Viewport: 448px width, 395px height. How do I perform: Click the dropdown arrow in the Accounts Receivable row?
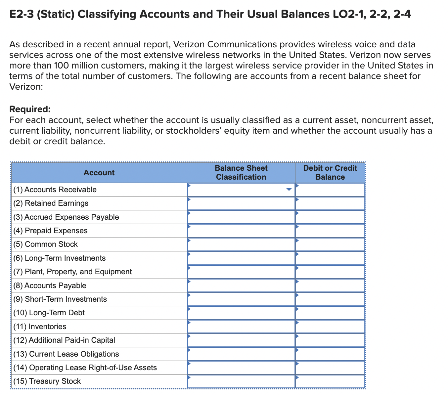289,190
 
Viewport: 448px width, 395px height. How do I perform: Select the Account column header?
99,173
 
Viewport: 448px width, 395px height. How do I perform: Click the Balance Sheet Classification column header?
241,173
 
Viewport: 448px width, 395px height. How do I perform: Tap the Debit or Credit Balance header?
330,173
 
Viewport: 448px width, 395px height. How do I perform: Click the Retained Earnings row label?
57,203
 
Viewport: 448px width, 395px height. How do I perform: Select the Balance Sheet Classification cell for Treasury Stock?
241,381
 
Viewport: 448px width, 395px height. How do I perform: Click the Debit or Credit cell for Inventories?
330,327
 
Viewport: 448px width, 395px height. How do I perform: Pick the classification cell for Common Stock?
241,244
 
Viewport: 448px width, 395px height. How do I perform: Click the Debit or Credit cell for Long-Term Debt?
330,313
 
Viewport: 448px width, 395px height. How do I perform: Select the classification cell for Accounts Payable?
241,285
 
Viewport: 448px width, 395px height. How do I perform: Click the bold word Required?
30,109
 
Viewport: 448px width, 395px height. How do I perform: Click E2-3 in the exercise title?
21,15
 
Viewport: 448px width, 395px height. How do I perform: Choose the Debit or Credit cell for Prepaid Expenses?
330,231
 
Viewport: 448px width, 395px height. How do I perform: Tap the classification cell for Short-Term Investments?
241,299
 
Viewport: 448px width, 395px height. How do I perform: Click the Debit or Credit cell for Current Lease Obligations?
330,354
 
